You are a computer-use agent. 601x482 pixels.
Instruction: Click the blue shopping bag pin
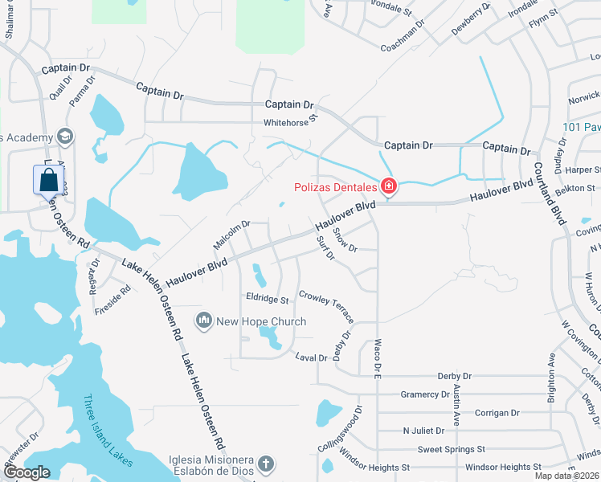pos(48,181)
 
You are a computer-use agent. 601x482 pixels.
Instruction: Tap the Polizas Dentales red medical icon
pos(389,187)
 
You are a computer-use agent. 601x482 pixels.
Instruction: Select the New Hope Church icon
pos(204,322)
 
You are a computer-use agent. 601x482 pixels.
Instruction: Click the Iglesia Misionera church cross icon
pos(266,464)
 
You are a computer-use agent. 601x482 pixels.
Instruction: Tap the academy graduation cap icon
pos(64,137)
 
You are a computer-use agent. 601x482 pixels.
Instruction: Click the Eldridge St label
pos(268,300)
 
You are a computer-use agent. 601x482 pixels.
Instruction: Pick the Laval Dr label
pos(311,357)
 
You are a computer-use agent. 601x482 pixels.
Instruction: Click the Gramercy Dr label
pos(425,394)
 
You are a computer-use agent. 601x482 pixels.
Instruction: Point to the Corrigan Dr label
pos(497,413)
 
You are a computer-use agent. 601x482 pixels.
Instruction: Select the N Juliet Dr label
pos(423,431)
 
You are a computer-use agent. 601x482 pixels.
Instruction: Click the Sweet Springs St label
pos(451,449)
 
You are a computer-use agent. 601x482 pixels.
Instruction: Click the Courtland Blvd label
pos(551,190)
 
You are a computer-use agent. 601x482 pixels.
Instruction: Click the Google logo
pos(26,472)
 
